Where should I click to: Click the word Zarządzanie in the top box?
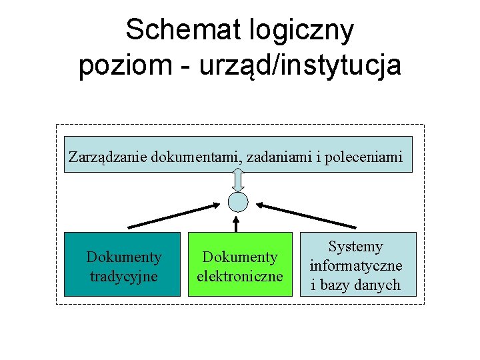[x=108, y=157]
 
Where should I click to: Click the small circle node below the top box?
[x=238, y=201]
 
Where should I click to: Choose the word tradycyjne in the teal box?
[x=123, y=276]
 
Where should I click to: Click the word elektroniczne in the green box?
[x=240, y=276]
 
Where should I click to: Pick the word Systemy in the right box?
[x=356, y=247]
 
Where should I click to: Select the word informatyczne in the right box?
[x=356, y=266]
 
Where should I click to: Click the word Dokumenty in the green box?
[x=240, y=257]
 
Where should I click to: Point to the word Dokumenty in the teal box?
[x=123, y=257]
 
